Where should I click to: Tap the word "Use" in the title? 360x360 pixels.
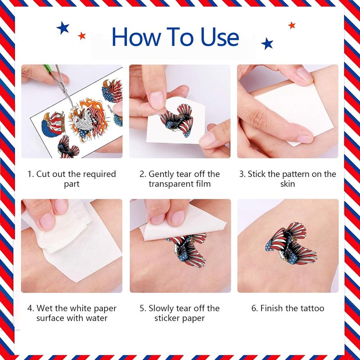point(220,37)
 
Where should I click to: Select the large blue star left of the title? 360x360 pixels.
point(63,28)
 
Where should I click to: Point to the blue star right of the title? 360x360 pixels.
point(267,43)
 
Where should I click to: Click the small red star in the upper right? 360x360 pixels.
point(292,25)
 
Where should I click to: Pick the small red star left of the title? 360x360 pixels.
point(82,36)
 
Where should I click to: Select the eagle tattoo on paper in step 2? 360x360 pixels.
point(177,121)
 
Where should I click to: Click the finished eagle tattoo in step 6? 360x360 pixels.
point(291,243)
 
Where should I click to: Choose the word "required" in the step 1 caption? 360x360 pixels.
point(99,174)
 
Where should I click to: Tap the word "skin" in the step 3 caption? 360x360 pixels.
point(288,184)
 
